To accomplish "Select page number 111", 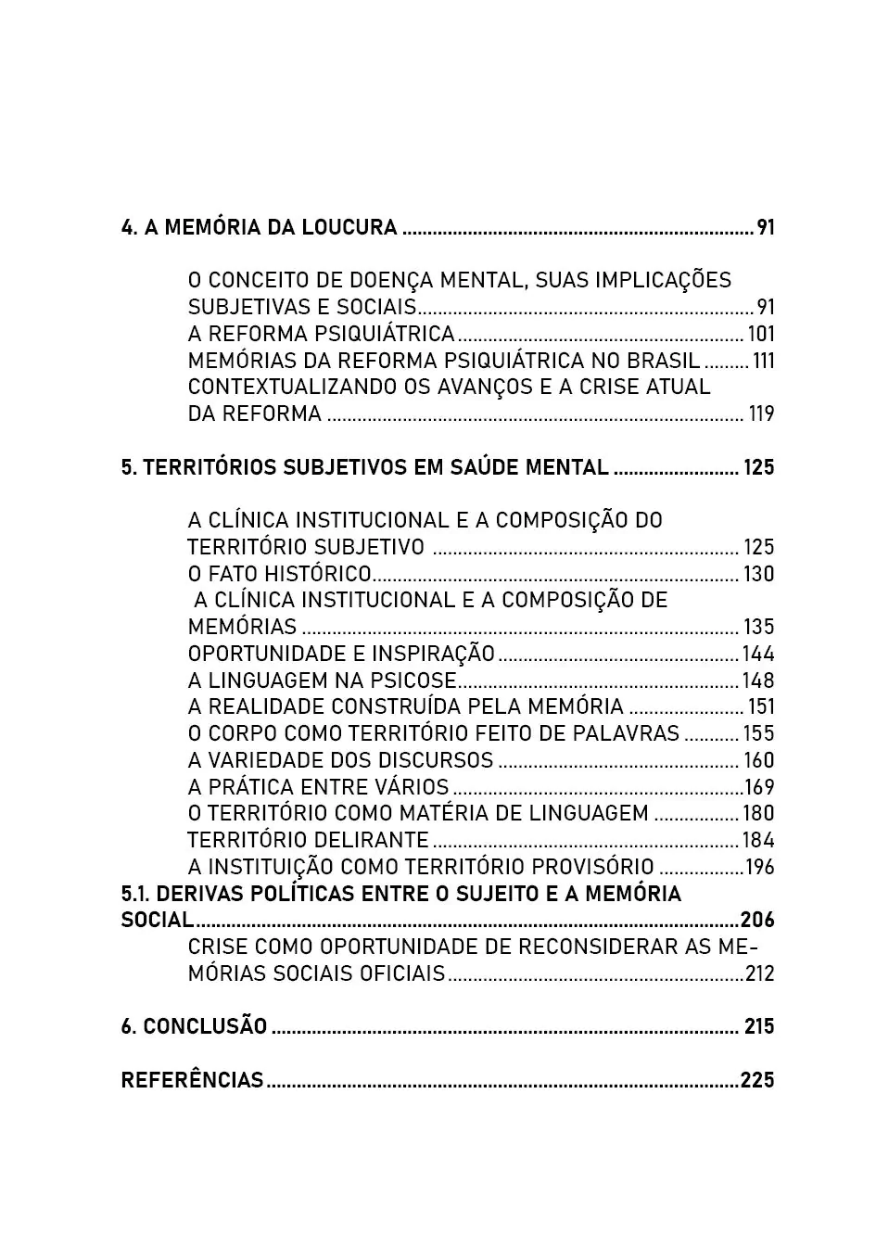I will (x=763, y=361).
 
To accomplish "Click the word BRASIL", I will (x=664, y=361).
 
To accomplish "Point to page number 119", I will (x=761, y=413).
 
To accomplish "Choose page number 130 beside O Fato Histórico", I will (x=758, y=574).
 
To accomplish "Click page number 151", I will (x=761, y=707).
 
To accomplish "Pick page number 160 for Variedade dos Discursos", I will (x=758, y=760).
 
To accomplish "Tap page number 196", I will (x=760, y=868).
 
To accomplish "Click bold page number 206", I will (x=757, y=921).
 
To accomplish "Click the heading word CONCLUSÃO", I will (x=205, y=1026).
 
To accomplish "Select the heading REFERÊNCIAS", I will (x=192, y=1080).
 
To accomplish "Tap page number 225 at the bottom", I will (x=757, y=1080).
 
